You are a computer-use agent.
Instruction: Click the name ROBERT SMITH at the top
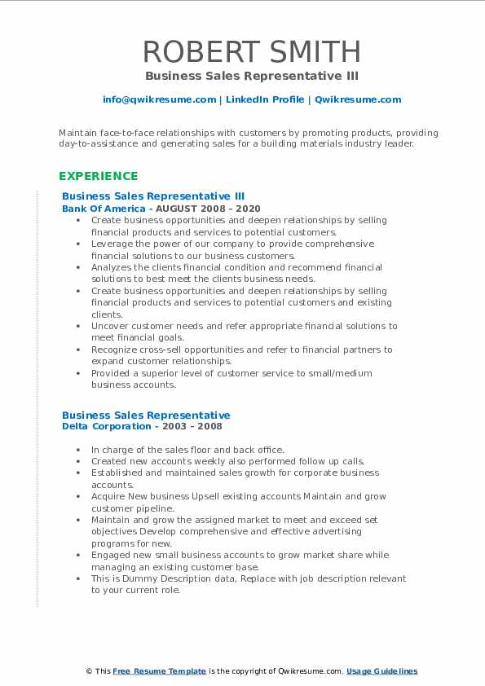coord(252,52)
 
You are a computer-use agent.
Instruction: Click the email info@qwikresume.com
coord(159,99)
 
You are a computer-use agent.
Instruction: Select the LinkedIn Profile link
coord(264,99)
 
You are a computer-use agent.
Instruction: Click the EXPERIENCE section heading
coord(99,176)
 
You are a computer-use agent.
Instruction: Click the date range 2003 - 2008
coord(190,426)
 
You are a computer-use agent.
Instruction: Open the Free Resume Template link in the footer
coord(160,671)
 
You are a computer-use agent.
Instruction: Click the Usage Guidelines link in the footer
coord(381,671)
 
